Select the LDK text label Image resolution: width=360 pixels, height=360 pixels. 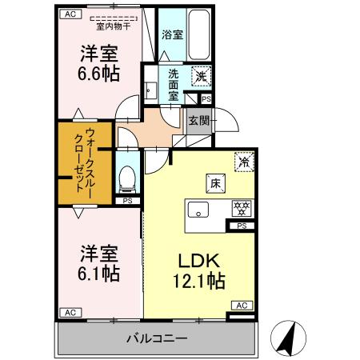[x=198, y=261]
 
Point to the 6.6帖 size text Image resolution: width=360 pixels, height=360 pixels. [x=99, y=71]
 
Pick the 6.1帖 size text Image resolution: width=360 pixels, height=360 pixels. [x=99, y=274]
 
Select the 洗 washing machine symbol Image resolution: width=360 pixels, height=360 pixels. [x=202, y=76]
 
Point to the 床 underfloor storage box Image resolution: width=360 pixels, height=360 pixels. [x=215, y=182]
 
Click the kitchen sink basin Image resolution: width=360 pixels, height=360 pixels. [x=198, y=210]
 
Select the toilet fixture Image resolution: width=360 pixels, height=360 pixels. [x=126, y=178]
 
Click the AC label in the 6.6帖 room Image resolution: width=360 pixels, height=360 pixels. [x=70, y=14]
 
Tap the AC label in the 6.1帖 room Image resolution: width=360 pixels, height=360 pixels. [x=70, y=312]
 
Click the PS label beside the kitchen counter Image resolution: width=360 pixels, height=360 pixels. [x=241, y=226]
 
